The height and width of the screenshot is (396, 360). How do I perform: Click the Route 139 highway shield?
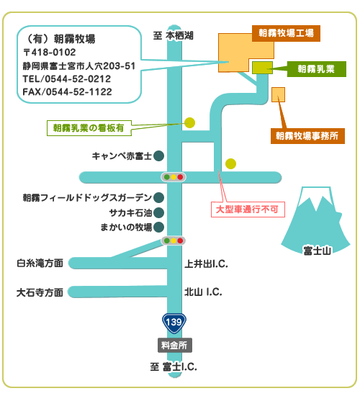[174, 323]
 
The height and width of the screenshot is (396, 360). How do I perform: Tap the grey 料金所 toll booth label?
[175, 345]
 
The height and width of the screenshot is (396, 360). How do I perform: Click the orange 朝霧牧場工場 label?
[286, 33]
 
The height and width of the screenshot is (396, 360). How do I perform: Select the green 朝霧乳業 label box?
[317, 69]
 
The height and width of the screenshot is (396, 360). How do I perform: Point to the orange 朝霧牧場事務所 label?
[307, 136]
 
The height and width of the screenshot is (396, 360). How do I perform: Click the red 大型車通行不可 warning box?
[248, 210]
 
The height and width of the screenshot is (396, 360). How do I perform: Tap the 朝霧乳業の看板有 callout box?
[89, 128]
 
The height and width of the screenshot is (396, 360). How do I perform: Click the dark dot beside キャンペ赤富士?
[158, 156]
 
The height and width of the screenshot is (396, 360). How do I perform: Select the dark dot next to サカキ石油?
[158, 213]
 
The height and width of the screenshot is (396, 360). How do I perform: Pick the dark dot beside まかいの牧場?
[158, 228]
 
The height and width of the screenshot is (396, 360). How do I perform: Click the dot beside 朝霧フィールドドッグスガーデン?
[158, 198]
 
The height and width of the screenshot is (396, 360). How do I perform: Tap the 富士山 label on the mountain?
[317, 251]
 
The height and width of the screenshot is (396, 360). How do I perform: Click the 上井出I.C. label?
[207, 264]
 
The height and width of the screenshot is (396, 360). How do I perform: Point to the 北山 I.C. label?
[203, 292]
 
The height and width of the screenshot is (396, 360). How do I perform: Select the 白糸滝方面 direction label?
[40, 264]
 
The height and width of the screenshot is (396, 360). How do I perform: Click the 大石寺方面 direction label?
[40, 293]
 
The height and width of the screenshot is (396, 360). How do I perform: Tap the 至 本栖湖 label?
[174, 35]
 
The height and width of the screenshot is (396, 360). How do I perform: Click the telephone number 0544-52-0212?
[78, 79]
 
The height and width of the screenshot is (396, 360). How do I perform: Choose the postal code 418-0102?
[53, 53]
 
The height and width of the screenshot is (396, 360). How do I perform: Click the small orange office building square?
[278, 95]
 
